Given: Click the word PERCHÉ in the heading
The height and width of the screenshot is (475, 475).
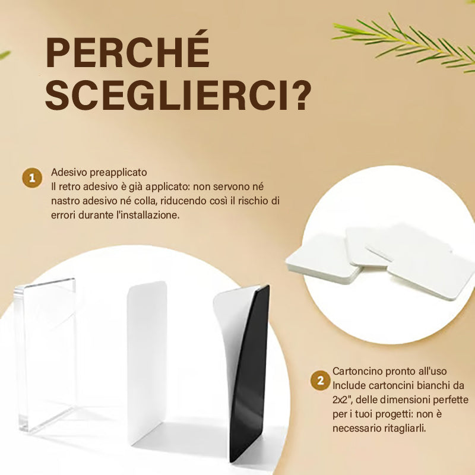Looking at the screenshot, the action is coord(128,50).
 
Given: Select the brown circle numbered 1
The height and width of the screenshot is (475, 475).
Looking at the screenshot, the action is coord(32,178).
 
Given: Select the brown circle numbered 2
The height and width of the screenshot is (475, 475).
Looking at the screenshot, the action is coord(320,381).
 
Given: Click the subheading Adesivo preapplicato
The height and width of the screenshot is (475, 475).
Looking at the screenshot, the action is coord(99,172).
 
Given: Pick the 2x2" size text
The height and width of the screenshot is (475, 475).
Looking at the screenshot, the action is coord(342,400).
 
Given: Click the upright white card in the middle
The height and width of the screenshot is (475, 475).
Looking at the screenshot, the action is coord(147,363).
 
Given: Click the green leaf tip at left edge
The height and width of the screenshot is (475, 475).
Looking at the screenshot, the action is coord(4,55).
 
